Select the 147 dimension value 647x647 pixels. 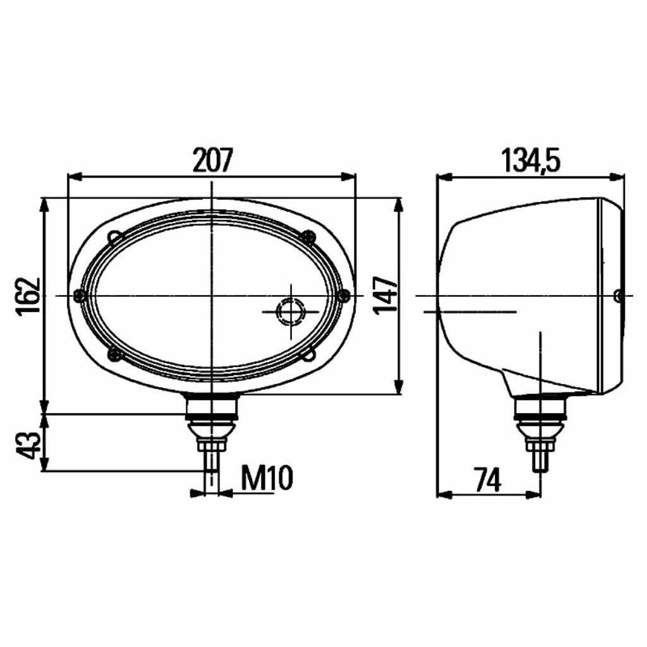coord(385,296)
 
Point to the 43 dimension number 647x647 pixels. coord(28,445)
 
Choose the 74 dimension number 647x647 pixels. coord(487,480)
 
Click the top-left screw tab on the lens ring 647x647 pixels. coord(115,238)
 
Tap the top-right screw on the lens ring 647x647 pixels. coord(308,237)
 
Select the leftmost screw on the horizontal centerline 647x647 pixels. coord(79,296)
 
